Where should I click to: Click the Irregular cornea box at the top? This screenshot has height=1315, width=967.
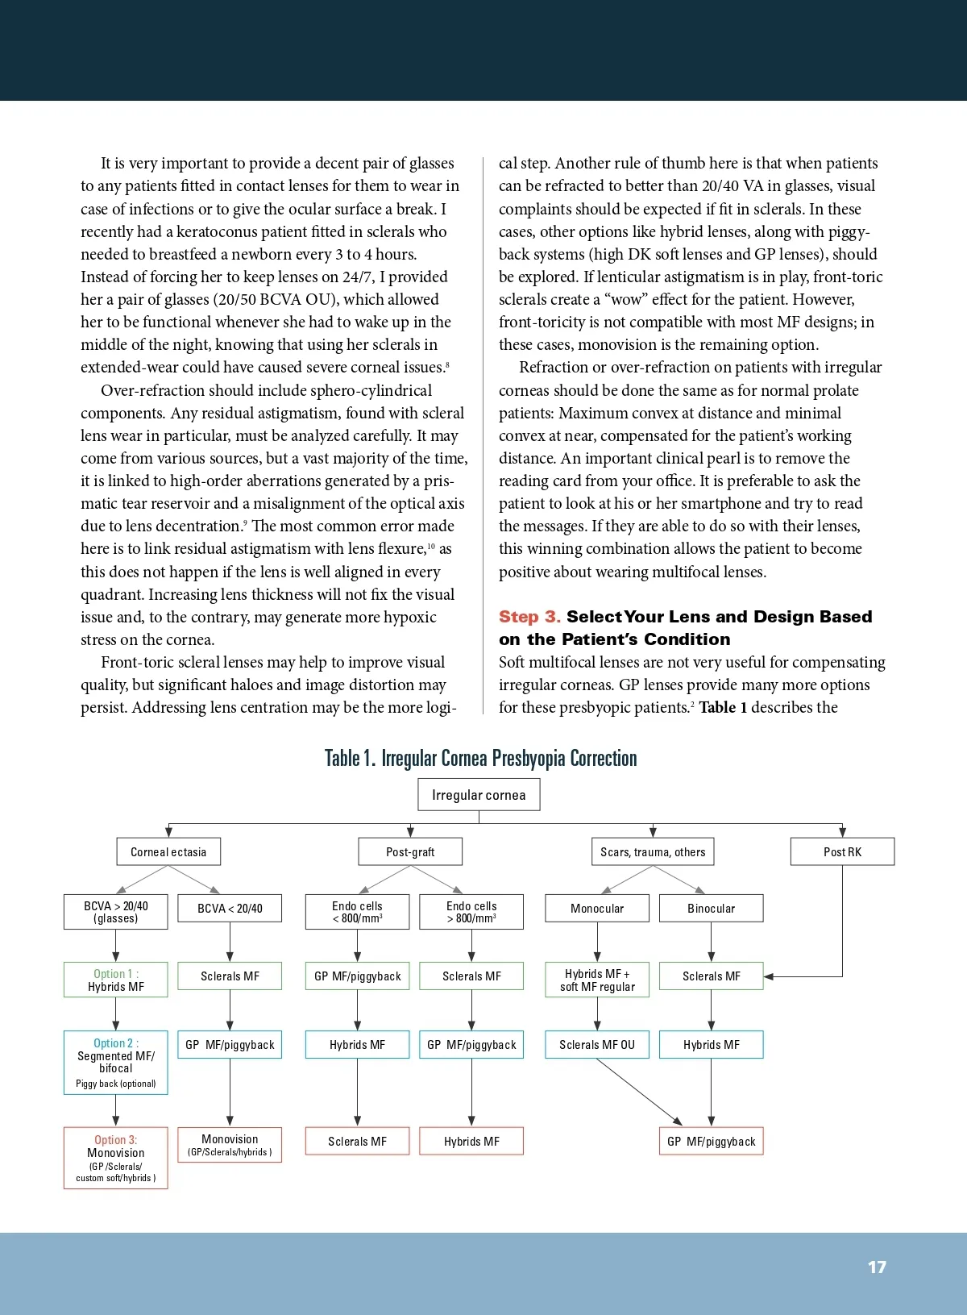[479, 795]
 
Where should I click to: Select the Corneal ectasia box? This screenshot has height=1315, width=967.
[168, 851]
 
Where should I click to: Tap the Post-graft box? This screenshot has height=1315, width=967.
[410, 851]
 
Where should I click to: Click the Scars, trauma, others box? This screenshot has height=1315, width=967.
[653, 851]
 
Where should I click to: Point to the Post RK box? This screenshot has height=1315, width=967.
[842, 851]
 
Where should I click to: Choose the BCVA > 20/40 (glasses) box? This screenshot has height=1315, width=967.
[116, 912]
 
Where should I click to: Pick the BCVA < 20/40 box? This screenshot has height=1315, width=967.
[230, 909]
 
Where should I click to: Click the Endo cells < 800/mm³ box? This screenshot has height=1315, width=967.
[357, 912]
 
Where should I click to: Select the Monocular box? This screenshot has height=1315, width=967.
[597, 909]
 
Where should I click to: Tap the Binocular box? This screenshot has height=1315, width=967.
[711, 909]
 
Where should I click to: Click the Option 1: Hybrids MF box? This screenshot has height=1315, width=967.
[116, 980]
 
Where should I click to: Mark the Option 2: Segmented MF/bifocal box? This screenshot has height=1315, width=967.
[116, 1062]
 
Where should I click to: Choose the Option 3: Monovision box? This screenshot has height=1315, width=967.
[116, 1158]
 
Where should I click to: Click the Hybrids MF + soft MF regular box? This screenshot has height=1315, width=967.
[597, 980]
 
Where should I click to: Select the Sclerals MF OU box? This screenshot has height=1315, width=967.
[597, 1045]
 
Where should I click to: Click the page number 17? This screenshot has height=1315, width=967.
[877, 1267]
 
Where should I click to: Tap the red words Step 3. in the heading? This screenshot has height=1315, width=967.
[529, 617]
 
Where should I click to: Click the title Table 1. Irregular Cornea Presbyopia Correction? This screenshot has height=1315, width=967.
[480, 758]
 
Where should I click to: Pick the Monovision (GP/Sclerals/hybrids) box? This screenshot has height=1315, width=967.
[230, 1145]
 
